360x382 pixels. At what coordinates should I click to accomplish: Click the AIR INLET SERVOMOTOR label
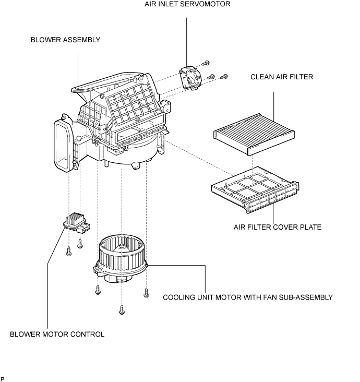[x=187, y=4]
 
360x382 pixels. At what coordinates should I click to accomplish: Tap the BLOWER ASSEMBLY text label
[x=66, y=40]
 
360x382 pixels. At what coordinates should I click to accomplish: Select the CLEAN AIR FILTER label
[x=282, y=77]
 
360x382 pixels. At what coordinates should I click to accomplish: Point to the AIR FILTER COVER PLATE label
[x=278, y=228]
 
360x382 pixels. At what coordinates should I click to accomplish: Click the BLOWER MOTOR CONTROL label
[x=57, y=334]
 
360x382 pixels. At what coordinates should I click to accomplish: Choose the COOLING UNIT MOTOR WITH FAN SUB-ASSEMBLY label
[x=248, y=297]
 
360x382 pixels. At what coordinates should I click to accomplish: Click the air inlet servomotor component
[x=191, y=78]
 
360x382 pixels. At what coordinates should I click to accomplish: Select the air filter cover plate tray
[x=255, y=190]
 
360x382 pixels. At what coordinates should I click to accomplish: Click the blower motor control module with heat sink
[x=76, y=223]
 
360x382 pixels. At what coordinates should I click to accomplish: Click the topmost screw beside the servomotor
[x=206, y=63]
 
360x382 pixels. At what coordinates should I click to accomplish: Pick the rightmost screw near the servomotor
[x=224, y=77]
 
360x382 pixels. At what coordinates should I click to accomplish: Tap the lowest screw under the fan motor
[x=122, y=310]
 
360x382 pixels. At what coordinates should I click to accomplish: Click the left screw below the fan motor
[x=98, y=290]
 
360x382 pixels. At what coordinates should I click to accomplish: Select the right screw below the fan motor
[x=146, y=293]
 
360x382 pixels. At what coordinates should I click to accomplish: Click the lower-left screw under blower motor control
[x=69, y=252]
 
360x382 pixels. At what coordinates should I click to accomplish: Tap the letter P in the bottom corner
[x=3, y=379]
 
